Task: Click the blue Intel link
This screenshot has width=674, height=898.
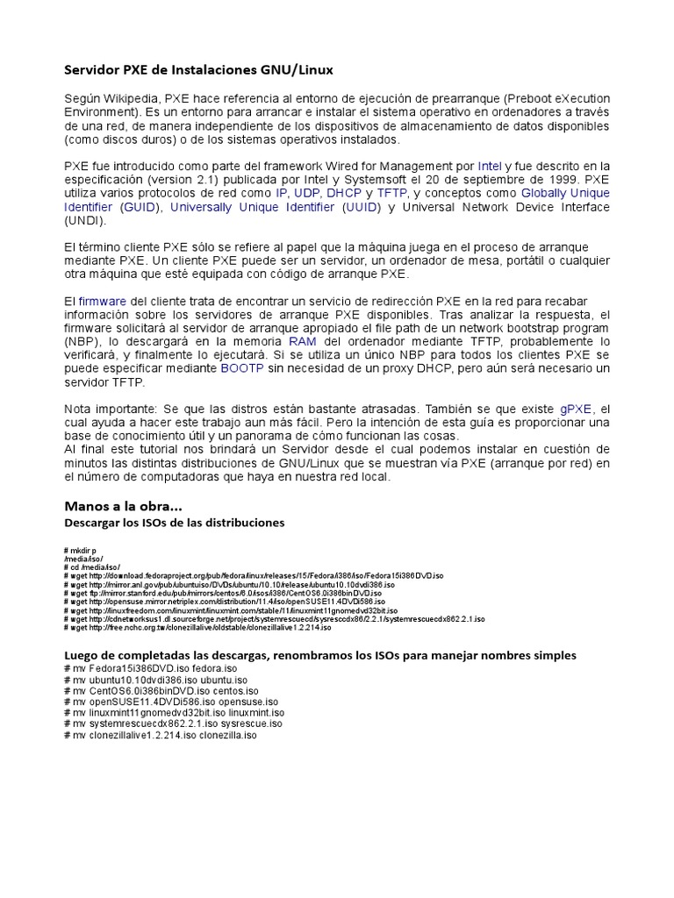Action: coord(490,165)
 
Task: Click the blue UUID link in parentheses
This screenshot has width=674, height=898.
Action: coord(361,207)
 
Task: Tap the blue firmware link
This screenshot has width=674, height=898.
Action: coord(103,301)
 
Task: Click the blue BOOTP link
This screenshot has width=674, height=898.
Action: coord(241,369)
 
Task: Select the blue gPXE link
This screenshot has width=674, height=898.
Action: coord(577,409)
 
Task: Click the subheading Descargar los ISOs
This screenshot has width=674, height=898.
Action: coord(175,523)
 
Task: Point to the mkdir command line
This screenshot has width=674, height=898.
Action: coord(81,549)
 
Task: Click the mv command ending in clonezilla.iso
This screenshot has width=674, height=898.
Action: coord(161,735)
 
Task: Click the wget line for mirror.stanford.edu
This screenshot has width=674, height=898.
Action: coord(224,592)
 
